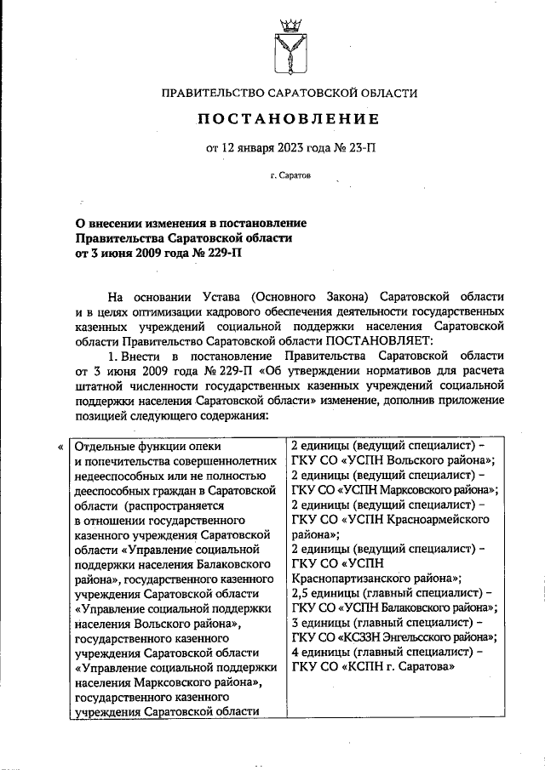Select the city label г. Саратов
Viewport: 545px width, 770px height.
point(291,178)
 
